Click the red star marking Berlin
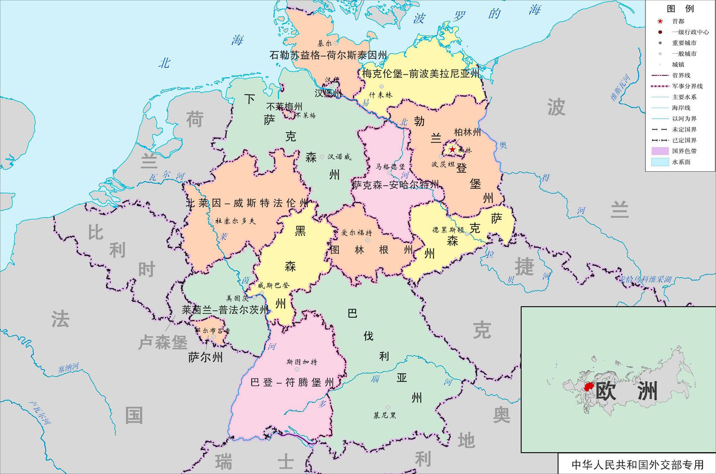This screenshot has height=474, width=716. coord(452,149)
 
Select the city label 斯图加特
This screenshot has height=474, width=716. coord(302,362)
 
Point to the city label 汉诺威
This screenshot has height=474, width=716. coord(339,157)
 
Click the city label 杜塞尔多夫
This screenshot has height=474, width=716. coord(234,221)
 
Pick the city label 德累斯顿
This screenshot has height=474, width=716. coord(448,229)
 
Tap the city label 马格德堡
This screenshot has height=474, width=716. coord(390,166)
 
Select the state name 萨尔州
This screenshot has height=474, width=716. coord(205,356)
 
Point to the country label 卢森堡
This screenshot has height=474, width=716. coord(163,342)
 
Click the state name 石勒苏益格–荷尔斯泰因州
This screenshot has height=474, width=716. coord(328,55)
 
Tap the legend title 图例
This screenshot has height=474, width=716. coord(680,8)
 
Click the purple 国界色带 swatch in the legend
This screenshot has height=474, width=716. coord(660,151)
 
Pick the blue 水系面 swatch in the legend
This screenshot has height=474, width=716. coord(660,162)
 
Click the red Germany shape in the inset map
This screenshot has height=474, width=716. coord(588,387)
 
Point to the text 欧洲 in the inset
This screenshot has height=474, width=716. coord(626,391)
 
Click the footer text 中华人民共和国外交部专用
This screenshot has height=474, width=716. coord(637,464)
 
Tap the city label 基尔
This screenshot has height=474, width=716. coord(324,43)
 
